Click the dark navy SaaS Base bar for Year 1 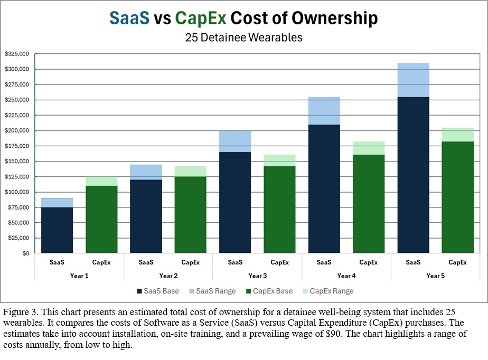click(57, 230)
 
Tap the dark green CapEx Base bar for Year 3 click(279, 210)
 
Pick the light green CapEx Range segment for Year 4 click(368, 148)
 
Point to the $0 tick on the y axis click(25, 253)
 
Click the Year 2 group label click(168, 276)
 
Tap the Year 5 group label click(435, 276)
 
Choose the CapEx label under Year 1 click(101, 262)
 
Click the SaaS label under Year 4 click(324, 262)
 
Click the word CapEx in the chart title click(200, 18)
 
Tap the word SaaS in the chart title click(129, 18)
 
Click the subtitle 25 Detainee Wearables click(243, 37)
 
